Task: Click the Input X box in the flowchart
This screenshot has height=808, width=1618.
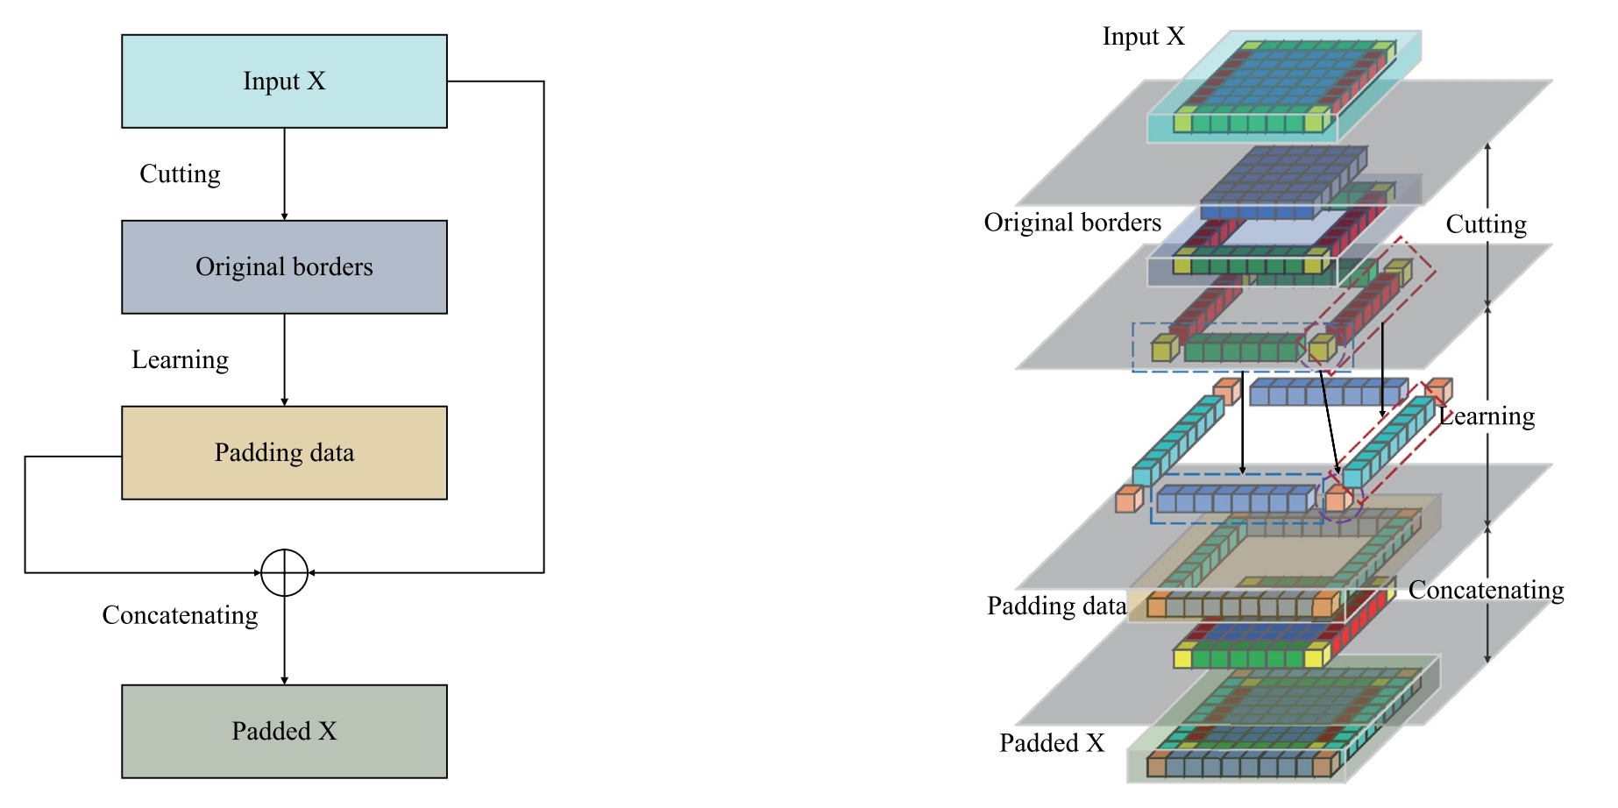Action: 284,82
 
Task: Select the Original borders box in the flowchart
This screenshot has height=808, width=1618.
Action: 284,267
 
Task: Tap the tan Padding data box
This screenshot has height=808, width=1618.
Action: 284,453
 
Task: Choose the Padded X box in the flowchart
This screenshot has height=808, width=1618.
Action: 284,732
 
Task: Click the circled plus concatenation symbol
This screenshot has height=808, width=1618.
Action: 284,573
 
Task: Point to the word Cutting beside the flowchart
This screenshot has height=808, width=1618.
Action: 180,174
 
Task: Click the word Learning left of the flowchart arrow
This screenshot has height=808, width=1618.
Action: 180,360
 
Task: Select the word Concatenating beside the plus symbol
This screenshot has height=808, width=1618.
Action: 180,615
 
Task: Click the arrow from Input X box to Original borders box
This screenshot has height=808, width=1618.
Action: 284,174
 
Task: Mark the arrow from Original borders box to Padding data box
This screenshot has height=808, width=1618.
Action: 284,360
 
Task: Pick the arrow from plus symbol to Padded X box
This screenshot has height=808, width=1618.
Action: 284,641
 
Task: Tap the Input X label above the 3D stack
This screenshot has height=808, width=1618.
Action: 1143,37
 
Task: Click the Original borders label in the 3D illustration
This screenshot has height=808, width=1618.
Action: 1072,223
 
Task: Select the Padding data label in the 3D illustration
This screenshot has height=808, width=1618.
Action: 1056,606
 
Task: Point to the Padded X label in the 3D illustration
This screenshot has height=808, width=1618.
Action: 1052,743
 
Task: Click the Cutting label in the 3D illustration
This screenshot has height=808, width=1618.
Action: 1486,225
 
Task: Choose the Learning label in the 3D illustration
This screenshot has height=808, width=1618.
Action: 1487,417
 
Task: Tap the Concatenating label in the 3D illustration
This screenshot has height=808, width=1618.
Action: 1486,591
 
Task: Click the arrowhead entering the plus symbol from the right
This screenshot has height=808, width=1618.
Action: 312,573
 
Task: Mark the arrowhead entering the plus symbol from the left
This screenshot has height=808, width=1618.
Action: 257,573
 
